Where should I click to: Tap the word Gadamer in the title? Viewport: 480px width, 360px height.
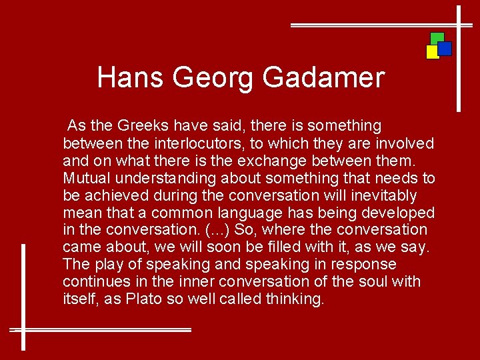[323, 77]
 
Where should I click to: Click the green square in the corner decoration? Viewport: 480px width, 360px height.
[437, 37]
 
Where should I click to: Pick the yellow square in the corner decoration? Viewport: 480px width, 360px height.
[432, 52]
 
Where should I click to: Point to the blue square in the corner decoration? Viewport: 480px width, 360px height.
[445, 49]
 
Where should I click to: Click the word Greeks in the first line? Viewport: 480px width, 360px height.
[140, 125]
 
